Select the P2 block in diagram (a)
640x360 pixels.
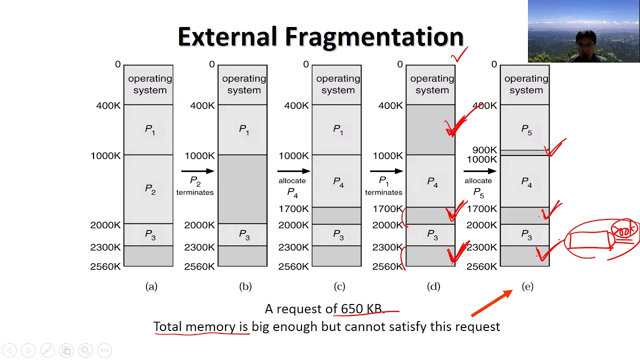point(148,189)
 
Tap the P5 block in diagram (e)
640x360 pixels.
point(525,129)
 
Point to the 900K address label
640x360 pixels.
point(484,150)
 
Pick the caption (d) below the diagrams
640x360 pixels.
point(433,286)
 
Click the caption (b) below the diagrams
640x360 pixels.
point(245,286)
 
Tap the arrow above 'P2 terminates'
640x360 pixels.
point(197,171)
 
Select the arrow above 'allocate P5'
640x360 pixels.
point(479,171)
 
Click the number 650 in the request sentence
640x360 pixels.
point(351,308)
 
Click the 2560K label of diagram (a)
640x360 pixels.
point(105,266)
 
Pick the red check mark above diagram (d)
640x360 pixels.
point(459,55)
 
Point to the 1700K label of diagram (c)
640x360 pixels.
point(294,208)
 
